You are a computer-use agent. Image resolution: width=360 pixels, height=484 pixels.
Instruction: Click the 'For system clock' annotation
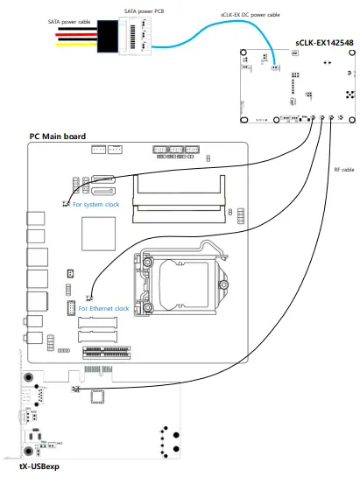[97, 205]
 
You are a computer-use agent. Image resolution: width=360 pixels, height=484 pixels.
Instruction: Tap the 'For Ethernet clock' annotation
[103, 308]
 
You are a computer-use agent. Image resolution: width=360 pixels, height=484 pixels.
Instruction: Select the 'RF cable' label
[343, 169]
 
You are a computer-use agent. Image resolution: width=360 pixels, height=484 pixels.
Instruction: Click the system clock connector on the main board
[67, 204]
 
